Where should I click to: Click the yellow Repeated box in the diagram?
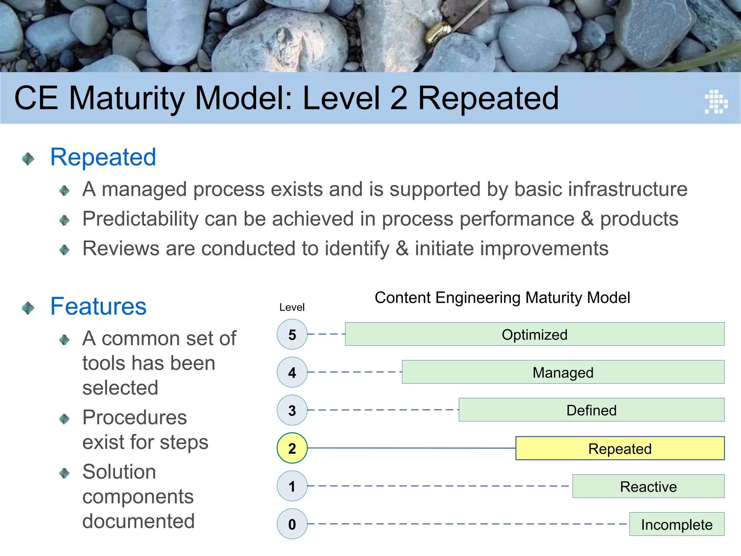point(620,448)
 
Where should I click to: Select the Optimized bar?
point(534,334)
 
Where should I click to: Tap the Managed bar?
point(563,372)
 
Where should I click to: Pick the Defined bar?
point(591,410)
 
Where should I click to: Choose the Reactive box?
point(648,486)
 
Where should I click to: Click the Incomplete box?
point(677,524)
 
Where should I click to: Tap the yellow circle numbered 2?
point(292,448)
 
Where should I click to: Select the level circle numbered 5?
point(292,334)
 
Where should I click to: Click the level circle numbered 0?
point(292,524)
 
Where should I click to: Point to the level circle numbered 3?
point(292,410)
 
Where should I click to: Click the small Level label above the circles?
point(292,307)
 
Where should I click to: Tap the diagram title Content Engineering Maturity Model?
point(502,298)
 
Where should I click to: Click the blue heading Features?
point(98,307)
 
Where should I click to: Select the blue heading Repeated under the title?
point(103,157)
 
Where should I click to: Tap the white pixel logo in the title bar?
point(716,102)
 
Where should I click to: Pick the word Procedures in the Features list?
point(134,417)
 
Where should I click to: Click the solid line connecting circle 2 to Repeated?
point(411,448)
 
